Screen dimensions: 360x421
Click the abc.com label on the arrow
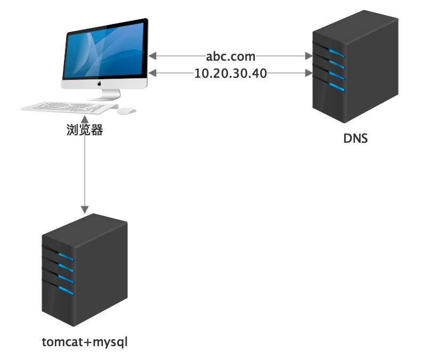pyautogui.click(x=231, y=56)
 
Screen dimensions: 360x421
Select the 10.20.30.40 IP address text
pyautogui.click(x=231, y=73)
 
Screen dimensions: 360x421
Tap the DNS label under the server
pyautogui.click(x=355, y=140)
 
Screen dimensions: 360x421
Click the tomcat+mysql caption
pyautogui.click(x=85, y=341)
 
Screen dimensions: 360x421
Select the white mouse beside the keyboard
pyautogui.click(x=126, y=111)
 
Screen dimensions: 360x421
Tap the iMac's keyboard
pyautogui.click(x=69, y=107)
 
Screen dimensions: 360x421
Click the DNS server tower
pyautogui.click(x=354, y=69)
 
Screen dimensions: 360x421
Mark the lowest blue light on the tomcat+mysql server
pyautogui.click(x=66, y=290)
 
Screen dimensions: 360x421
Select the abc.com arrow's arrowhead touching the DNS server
pyautogui.click(x=307, y=55)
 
